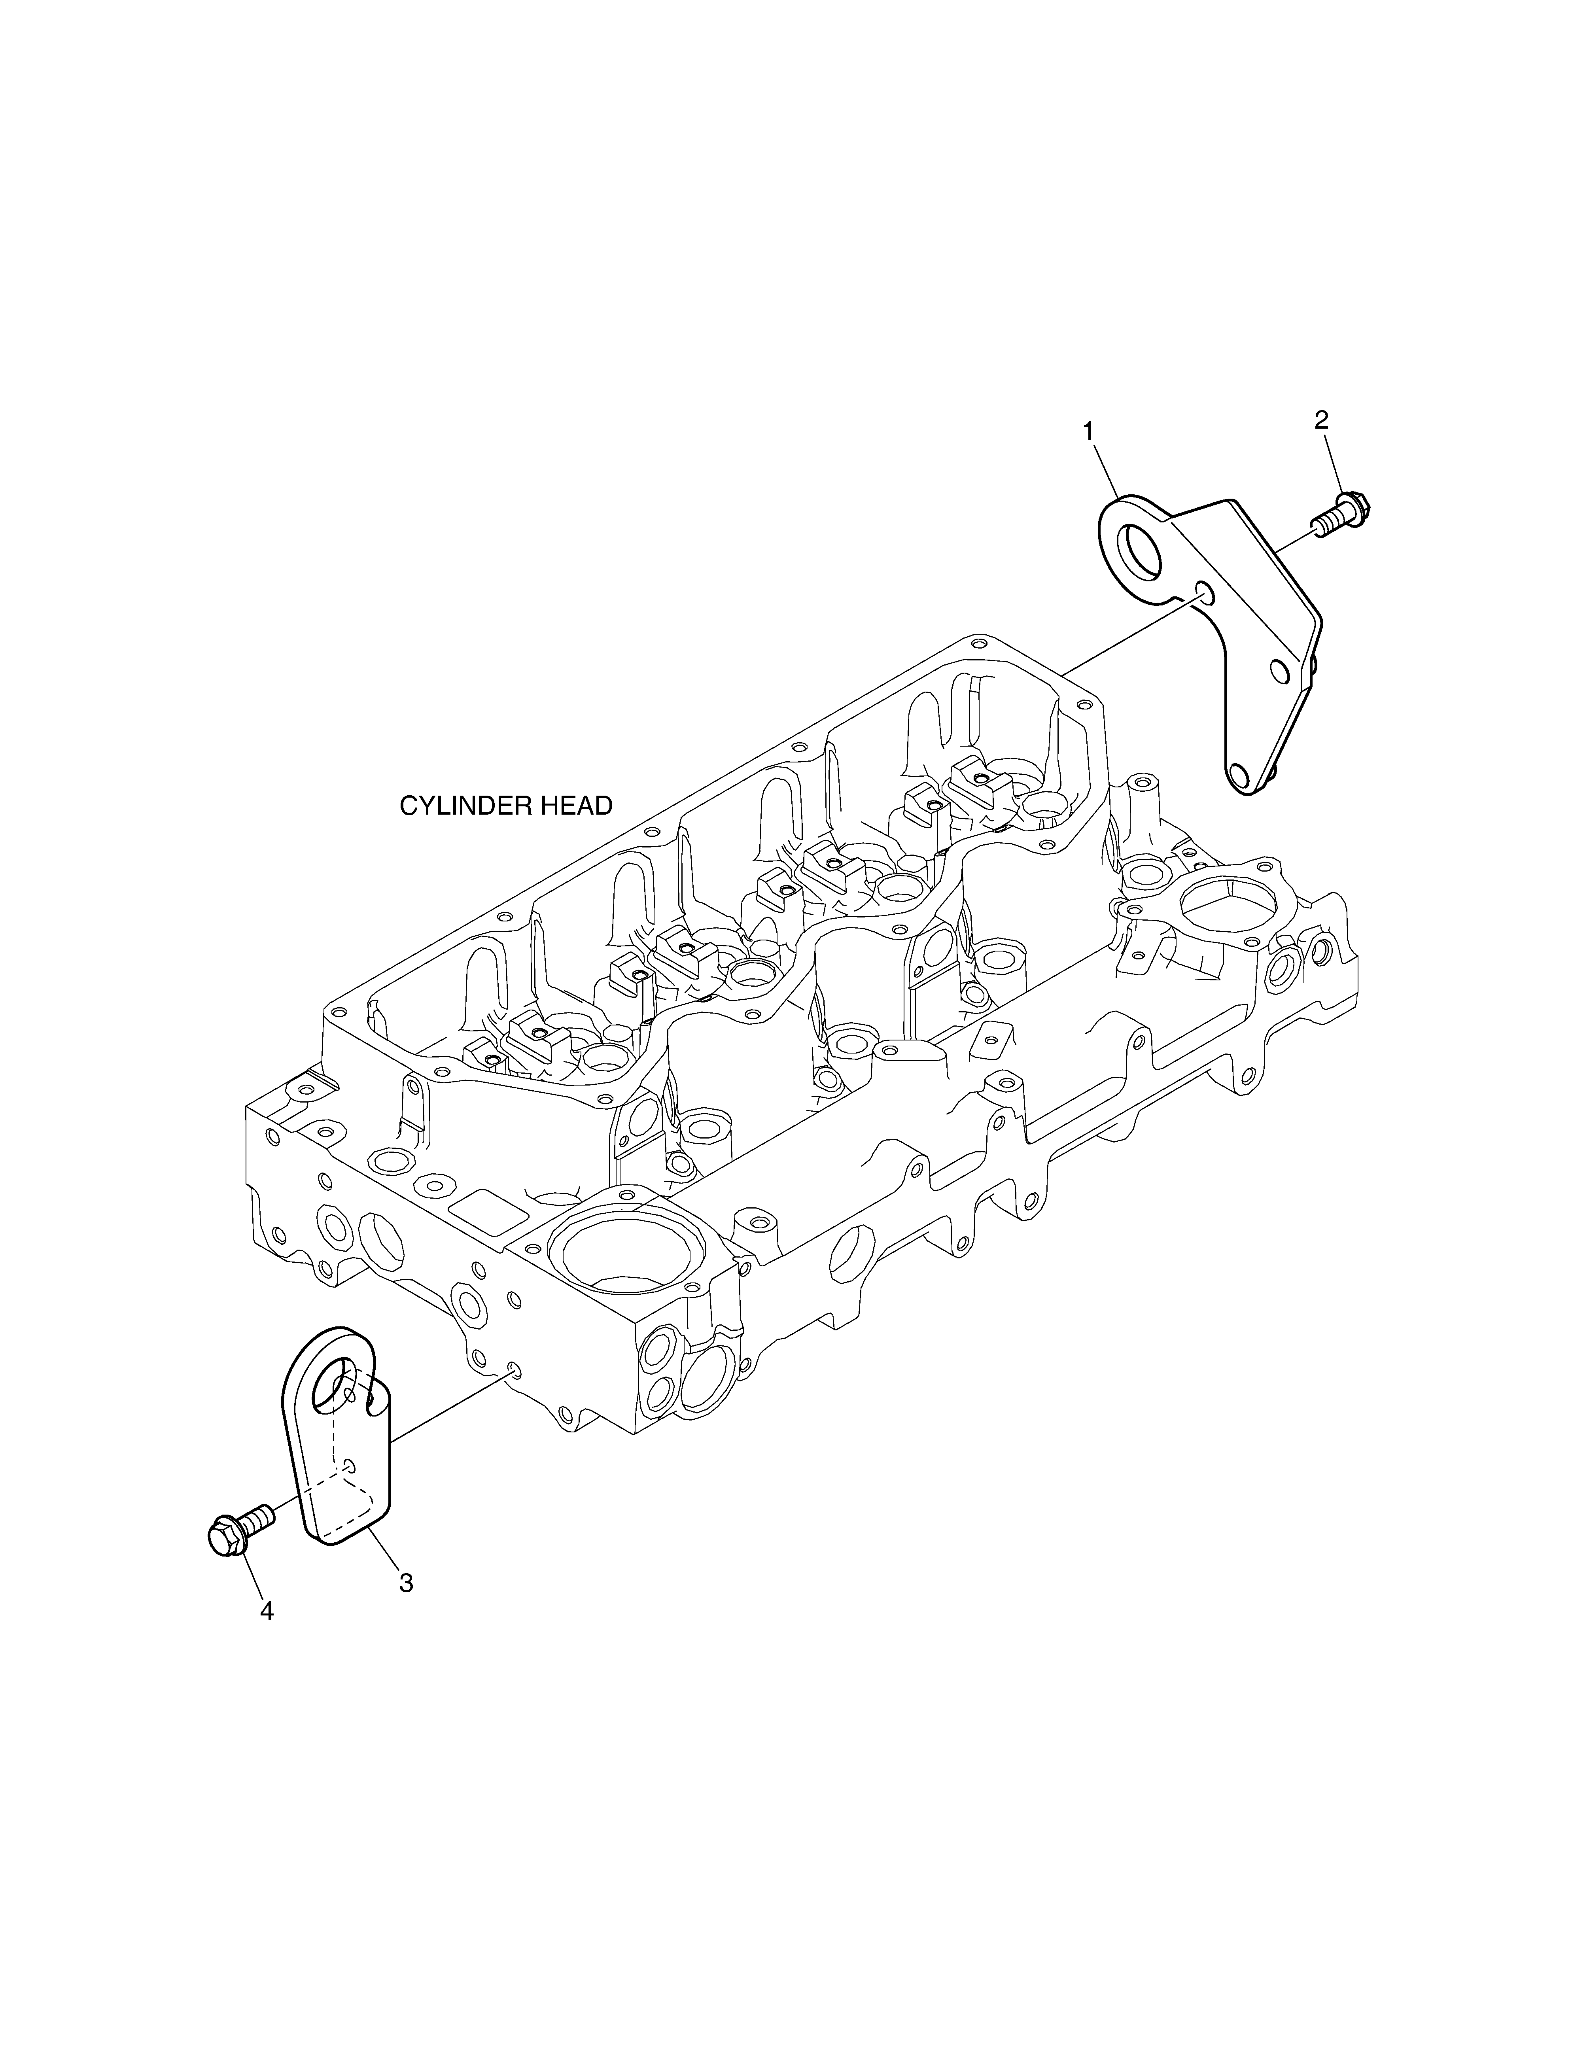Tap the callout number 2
click(1322, 421)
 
